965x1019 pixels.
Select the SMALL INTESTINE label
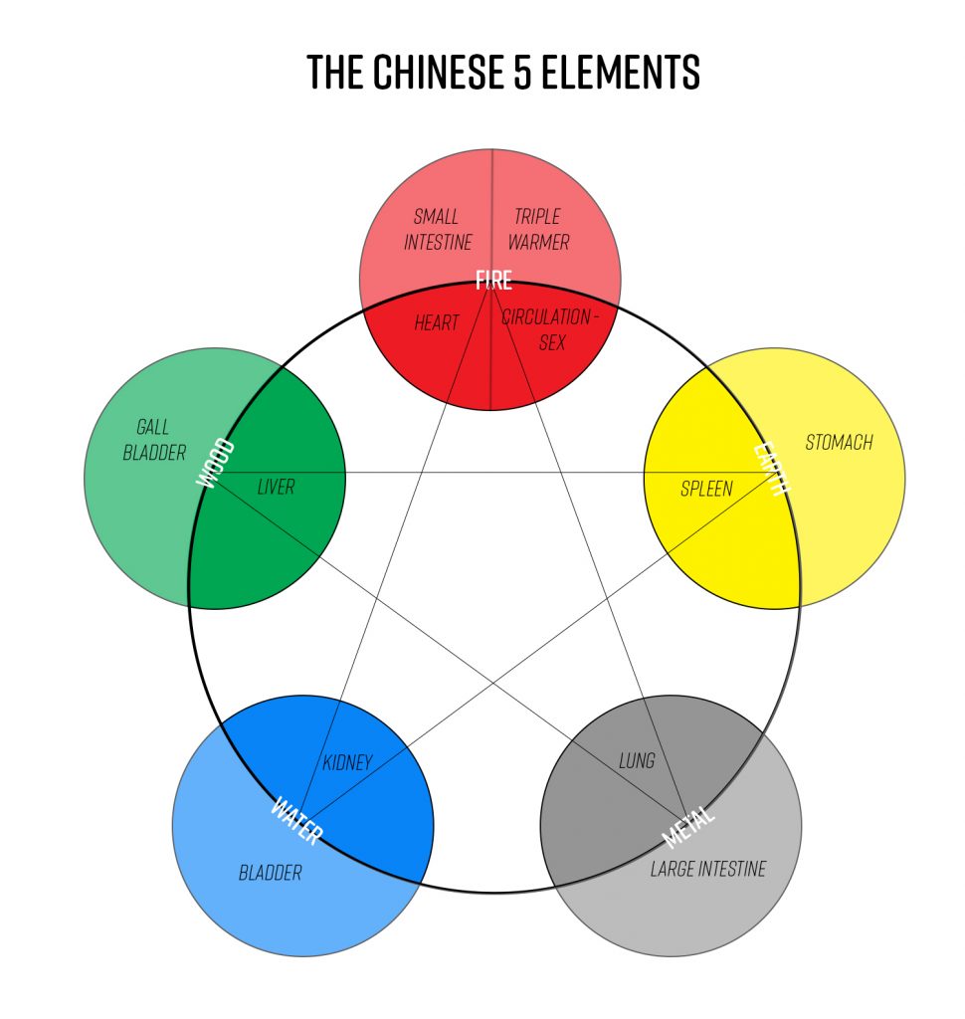click(x=438, y=229)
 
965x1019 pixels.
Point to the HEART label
click(x=436, y=323)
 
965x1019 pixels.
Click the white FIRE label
click(x=492, y=280)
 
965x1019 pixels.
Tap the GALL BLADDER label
click(x=154, y=440)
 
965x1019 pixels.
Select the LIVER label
click(x=276, y=487)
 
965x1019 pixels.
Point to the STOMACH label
click(x=839, y=442)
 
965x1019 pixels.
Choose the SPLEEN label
click(x=706, y=489)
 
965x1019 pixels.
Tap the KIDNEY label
click(x=347, y=763)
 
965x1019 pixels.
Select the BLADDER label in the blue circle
click(x=270, y=873)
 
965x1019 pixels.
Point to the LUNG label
click(x=637, y=761)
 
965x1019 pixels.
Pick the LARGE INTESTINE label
click(x=708, y=869)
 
